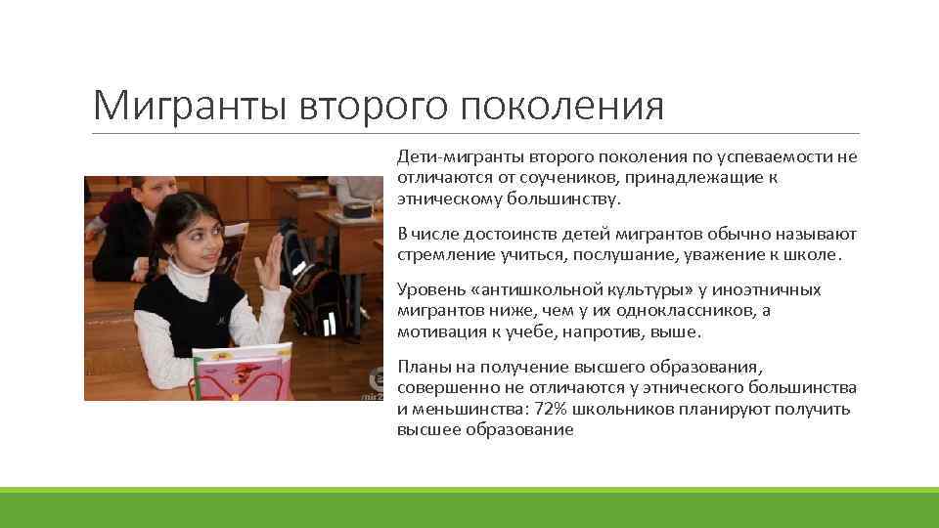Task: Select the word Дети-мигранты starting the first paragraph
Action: [452, 157]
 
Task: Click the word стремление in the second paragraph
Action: [442, 254]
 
